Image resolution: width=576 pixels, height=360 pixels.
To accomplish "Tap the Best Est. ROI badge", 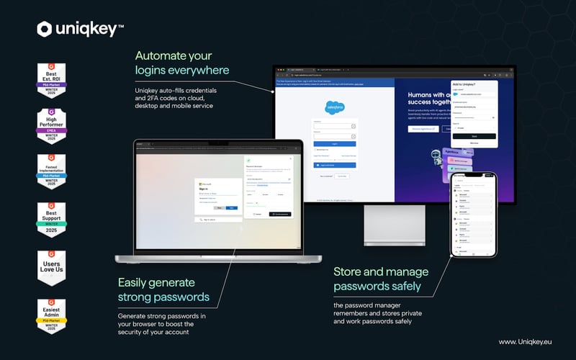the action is tap(51, 80).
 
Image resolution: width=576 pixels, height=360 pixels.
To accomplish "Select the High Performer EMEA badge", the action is tap(51, 127).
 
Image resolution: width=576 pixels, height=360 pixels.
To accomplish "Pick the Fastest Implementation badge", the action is tap(51, 174).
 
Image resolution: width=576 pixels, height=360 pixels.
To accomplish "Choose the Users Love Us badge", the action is tap(51, 268).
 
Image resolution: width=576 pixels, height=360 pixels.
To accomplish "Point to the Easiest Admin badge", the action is tap(51, 316).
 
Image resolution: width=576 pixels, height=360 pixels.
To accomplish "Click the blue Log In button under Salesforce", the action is tap(334, 143).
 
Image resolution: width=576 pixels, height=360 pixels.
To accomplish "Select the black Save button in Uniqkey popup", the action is tap(473, 135).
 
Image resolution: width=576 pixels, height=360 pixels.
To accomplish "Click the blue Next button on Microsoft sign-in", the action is tap(231, 207).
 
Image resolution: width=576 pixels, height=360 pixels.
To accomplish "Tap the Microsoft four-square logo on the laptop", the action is tap(200, 184).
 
